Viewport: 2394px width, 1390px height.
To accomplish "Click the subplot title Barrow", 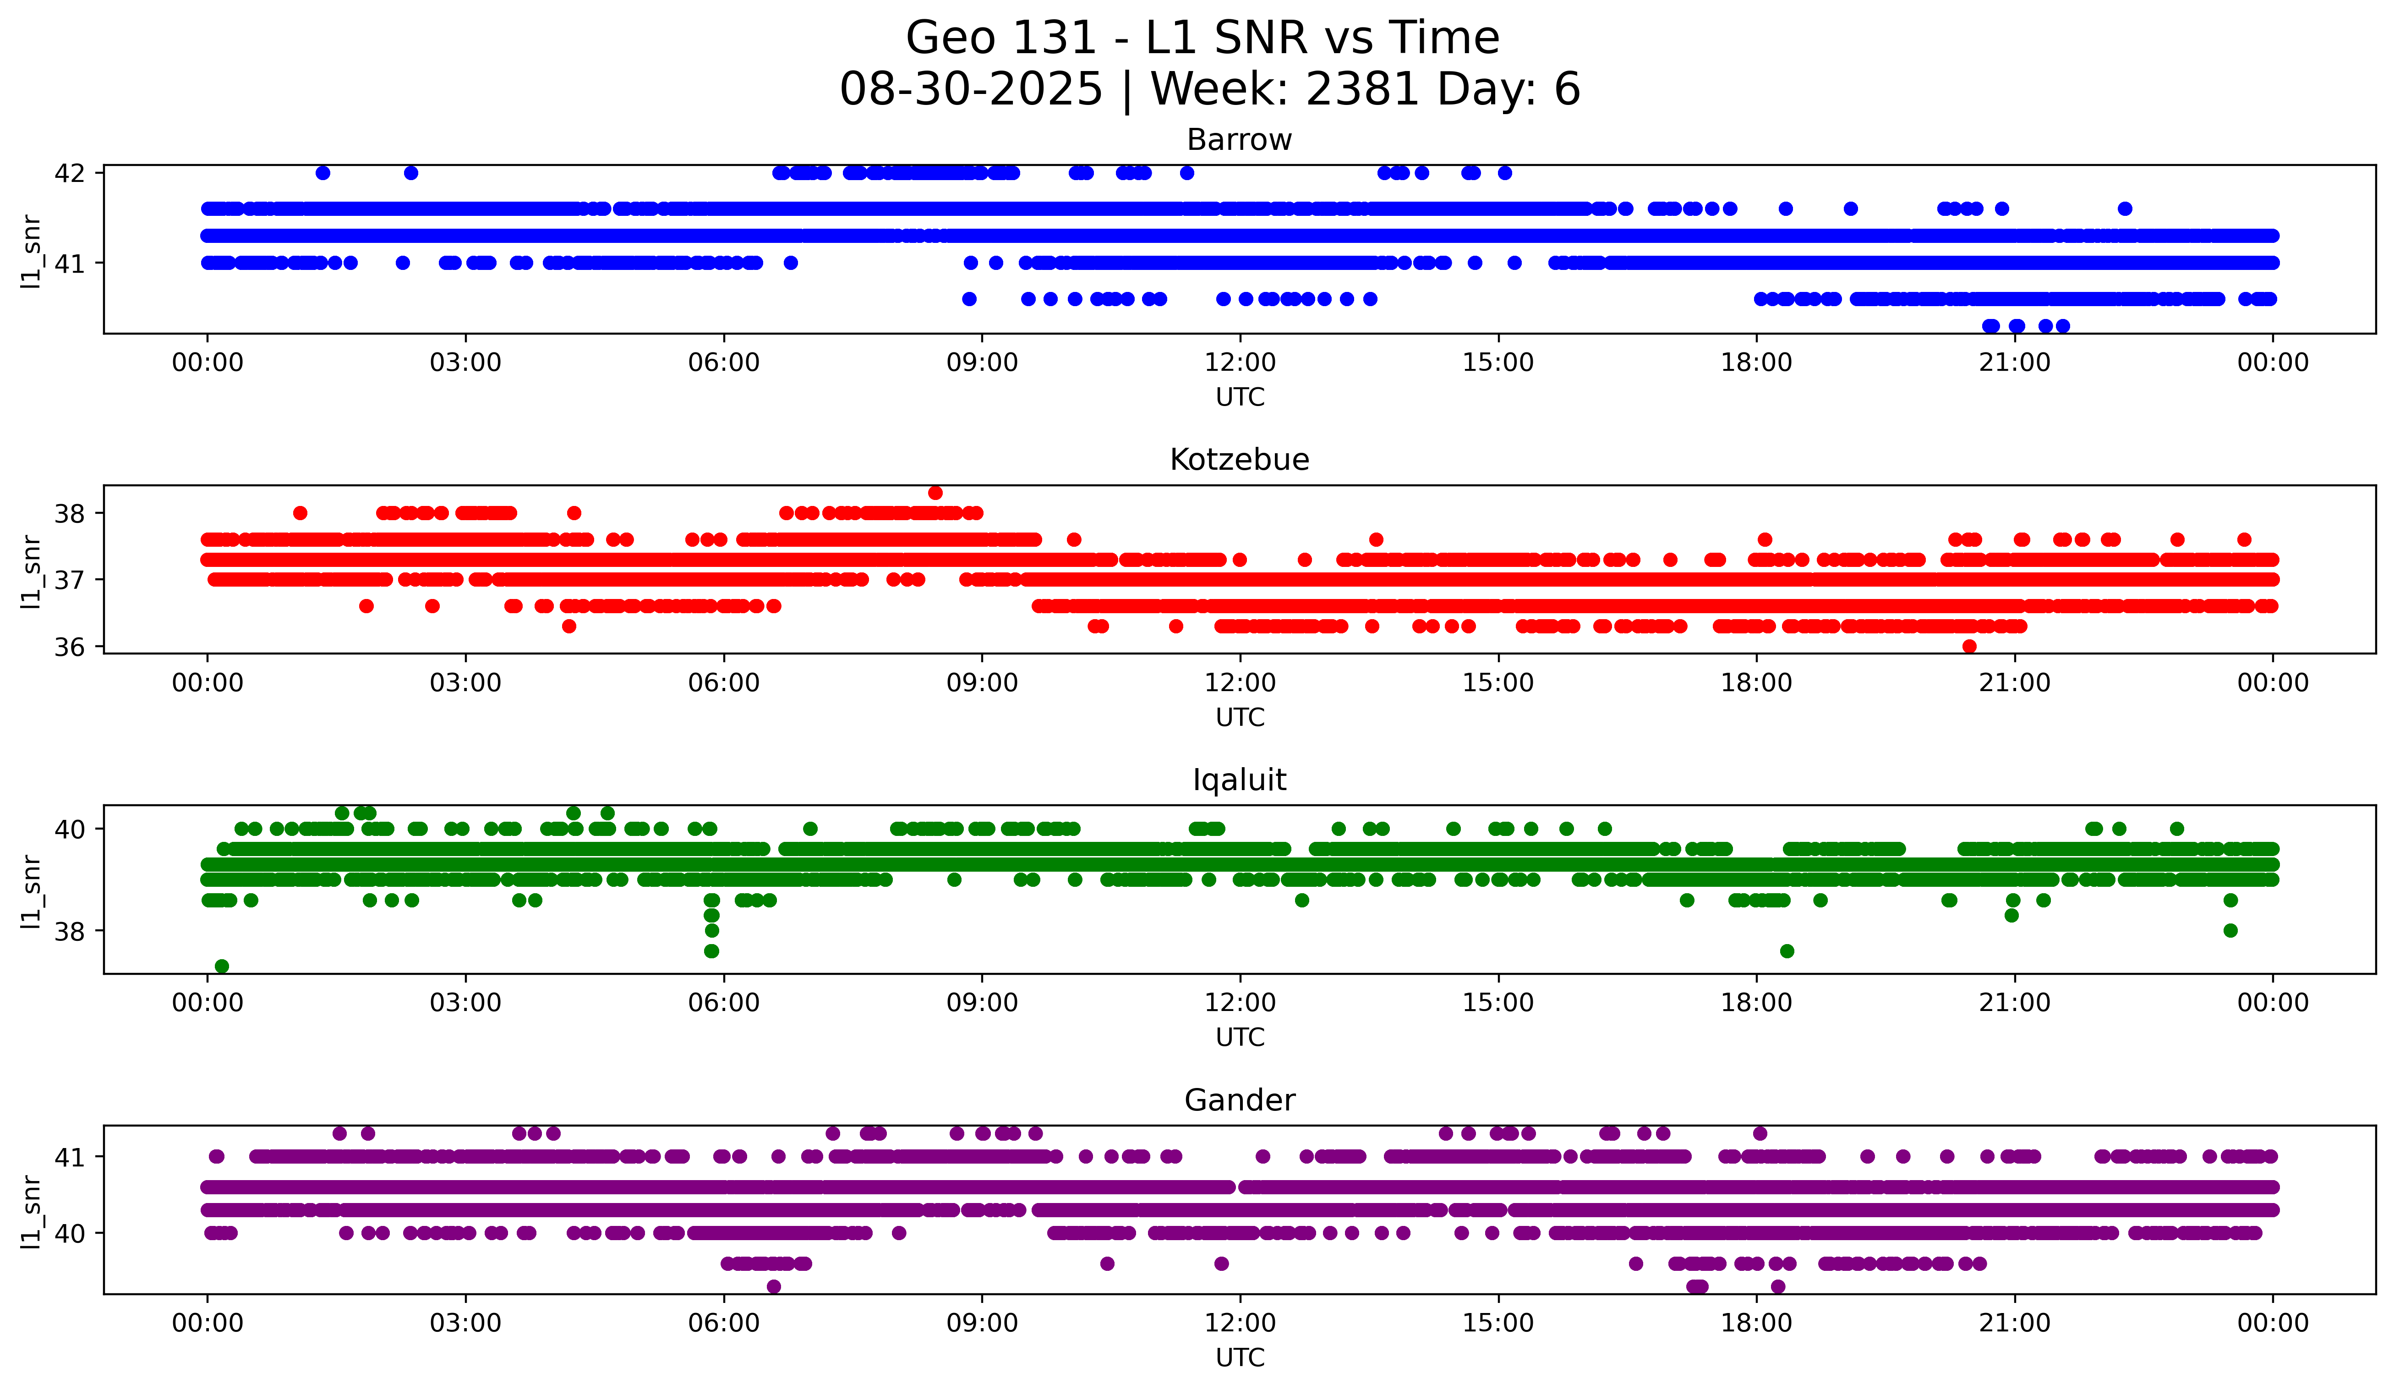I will pyautogui.click(x=1239, y=140).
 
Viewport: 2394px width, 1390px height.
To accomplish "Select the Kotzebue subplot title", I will pyautogui.click(x=1239, y=460).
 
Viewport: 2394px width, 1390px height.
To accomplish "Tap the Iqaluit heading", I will pyautogui.click(x=1239, y=780).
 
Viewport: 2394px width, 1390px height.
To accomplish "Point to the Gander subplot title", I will pyautogui.click(x=1239, y=1100).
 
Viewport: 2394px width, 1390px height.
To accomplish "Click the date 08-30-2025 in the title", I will pyautogui.click(x=971, y=89).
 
